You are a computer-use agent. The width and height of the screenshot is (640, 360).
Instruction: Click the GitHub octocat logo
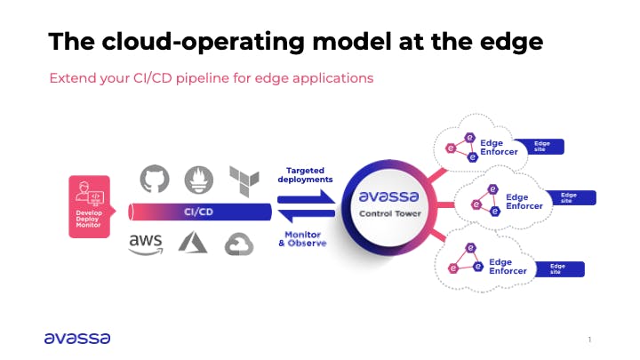(x=155, y=179)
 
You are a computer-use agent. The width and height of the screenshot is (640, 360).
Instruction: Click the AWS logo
(x=146, y=242)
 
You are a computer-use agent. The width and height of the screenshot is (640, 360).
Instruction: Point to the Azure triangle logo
(x=193, y=242)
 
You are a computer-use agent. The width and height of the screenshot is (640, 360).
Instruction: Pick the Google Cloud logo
(x=239, y=243)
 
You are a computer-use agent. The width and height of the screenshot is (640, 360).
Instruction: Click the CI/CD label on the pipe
(x=199, y=212)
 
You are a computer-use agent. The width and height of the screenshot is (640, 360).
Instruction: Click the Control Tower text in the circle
(x=381, y=214)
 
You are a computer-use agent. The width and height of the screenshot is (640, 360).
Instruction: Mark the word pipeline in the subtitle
(x=189, y=78)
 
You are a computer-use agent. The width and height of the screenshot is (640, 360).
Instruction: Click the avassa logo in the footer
(x=77, y=337)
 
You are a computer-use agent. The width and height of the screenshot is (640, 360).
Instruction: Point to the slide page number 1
(x=588, y=340)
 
